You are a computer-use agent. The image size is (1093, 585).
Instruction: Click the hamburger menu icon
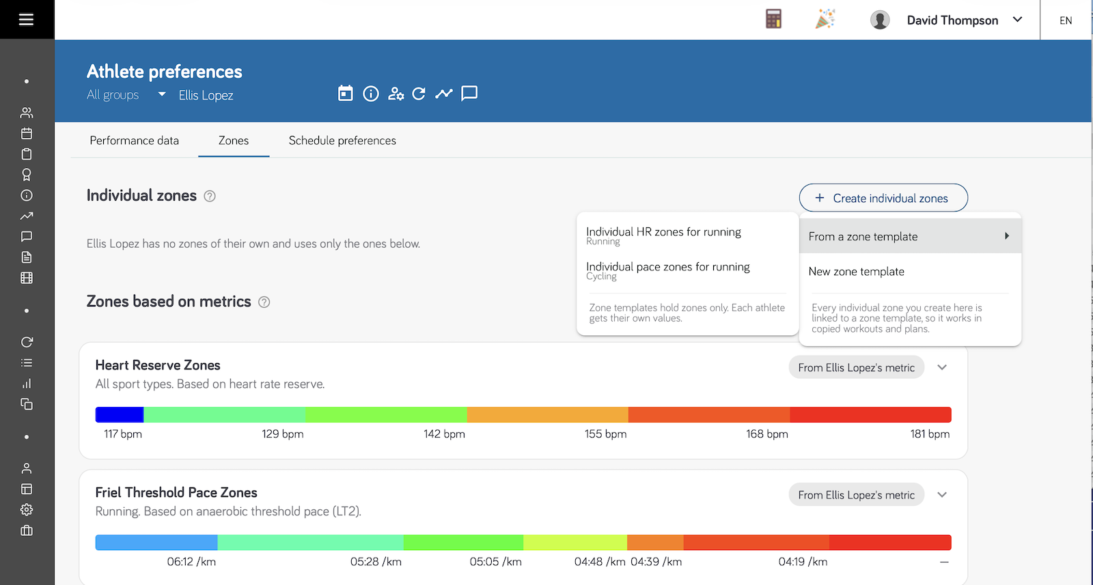[27, 20]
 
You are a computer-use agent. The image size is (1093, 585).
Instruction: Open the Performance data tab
[134, 141]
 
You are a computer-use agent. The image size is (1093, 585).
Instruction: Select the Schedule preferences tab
[342, 141]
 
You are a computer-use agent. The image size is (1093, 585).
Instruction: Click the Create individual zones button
[883, 198]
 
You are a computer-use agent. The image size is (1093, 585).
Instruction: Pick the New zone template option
[857, 272]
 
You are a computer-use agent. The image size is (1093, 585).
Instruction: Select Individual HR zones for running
[663, 236]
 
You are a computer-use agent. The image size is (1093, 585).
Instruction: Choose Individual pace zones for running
[668, 270]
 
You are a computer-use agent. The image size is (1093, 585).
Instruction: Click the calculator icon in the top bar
[773, 20]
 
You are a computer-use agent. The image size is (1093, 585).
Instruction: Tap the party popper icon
[825, 20]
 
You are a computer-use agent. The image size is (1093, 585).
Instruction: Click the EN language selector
[1066, 20]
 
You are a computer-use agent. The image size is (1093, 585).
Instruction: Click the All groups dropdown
[126, 95]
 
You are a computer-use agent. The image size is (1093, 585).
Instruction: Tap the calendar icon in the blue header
[346, 93]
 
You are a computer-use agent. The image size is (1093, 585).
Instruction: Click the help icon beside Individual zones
[209, 196]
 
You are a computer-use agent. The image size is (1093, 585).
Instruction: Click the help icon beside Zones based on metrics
[264, 302]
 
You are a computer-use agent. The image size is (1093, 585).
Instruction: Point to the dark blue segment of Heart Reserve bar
[120, 414]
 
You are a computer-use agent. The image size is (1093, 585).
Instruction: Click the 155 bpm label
[605, 434]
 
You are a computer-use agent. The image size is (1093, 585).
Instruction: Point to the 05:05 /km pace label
[495, 562]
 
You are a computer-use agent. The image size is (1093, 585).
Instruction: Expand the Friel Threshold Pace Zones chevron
[942, 495]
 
